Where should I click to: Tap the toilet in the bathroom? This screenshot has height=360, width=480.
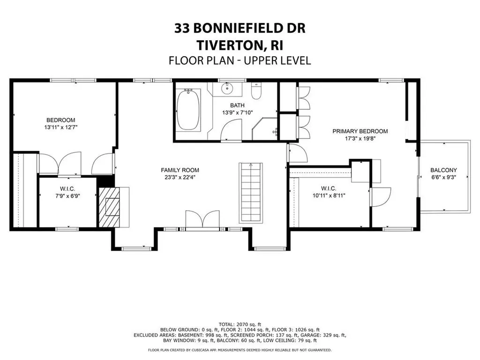pyautogui.click(x=256, y=91)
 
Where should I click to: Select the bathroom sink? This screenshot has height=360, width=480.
pyautogui.click(x=228, y=88)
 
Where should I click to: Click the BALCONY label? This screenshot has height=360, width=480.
pyautogui.click(x=443, y=170)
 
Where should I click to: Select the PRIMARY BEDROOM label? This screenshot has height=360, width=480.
pyautogui.click(x=360, y=131)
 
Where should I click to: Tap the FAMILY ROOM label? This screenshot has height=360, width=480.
pyautogui.click(x=180, y=170)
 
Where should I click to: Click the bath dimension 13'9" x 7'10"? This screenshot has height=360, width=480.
pyautogui.click(x=237, y=113)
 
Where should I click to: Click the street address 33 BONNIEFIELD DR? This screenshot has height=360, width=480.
pyautogui.click(x=240, y=29)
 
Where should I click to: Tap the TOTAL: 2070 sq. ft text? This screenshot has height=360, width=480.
pyautogui.click(x=240, y=324)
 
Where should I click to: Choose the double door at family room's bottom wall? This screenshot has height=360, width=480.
pyautogui.click(x=202, y=220)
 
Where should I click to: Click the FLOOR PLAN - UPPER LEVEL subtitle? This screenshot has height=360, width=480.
pyautogui.click(x=240, y=60)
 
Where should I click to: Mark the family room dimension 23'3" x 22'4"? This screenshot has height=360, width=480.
pyautogui.click(x=180, y=178)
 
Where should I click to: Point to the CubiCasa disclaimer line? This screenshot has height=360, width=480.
pyautogui.click(x=240, y=350)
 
